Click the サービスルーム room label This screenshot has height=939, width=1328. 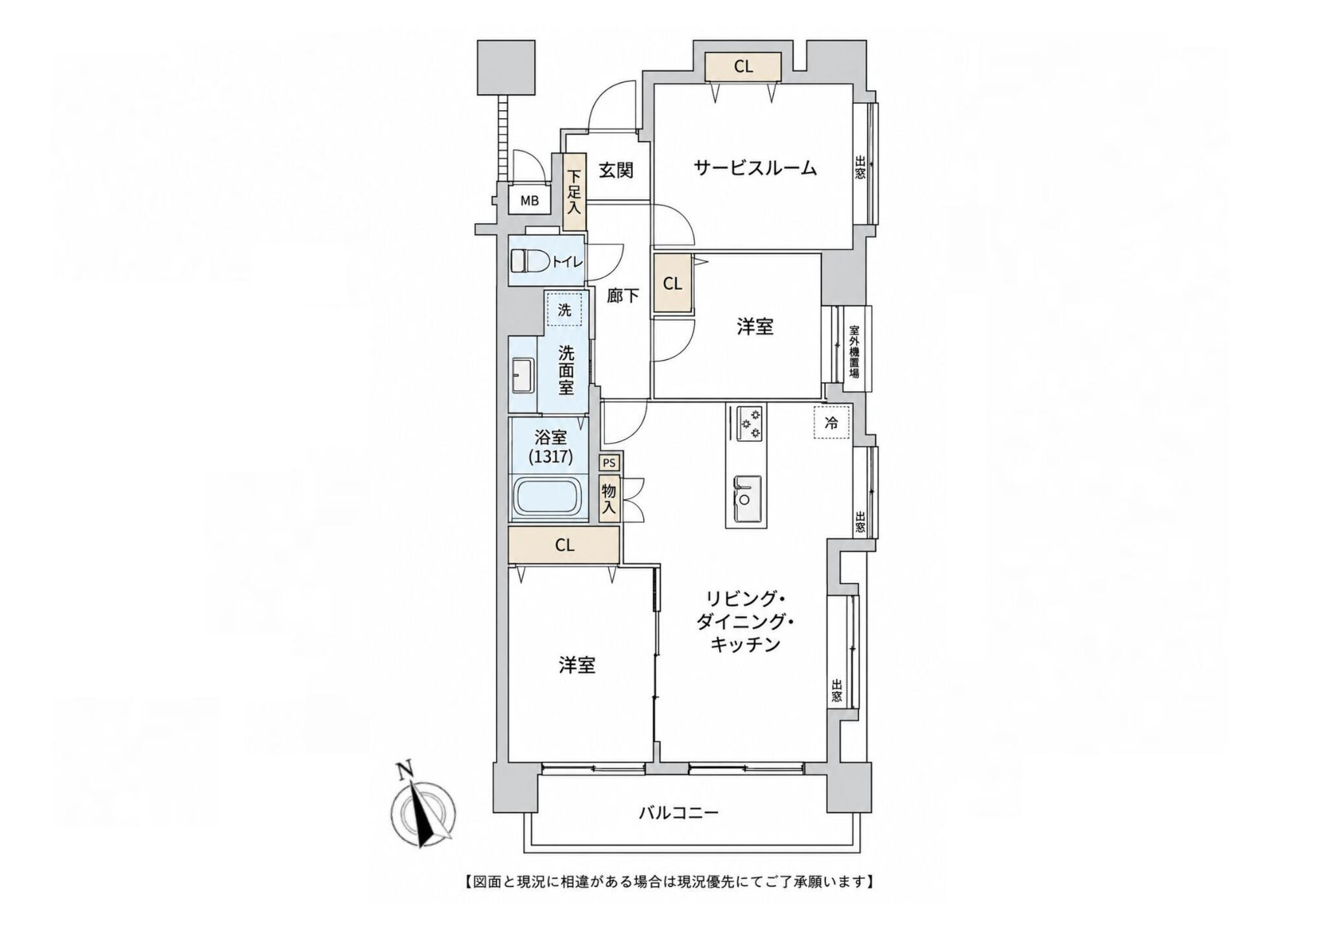pyautogui.click(x=755, y=169)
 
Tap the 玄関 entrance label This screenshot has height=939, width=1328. pyautogui.click(x=615, y=171)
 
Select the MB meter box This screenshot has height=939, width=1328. pyautogui.click(x=530, y=201)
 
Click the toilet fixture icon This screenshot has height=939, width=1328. pyautogui.click(x=528, y=261)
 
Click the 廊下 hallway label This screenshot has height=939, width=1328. pyautogui.click(x=622, y=296)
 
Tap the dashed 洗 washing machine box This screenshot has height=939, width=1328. pyautogui.click(x=565, y=310)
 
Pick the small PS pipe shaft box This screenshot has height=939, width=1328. pyautogui.click(x=609, y=463)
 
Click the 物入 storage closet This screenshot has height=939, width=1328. pyautogui.click(x=609, y=499)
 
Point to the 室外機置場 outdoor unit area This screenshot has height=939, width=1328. pyautogui.click(x=855, y=351)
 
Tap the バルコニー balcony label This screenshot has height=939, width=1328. pyautogui.click(x=678, y=811)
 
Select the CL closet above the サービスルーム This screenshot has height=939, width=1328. pyautogui.click(x=743, y=66)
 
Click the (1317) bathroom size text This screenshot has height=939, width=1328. pyautogui.click(x=551, y=457)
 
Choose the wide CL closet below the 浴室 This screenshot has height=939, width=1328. pyautogui.click(x=564, y=545)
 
